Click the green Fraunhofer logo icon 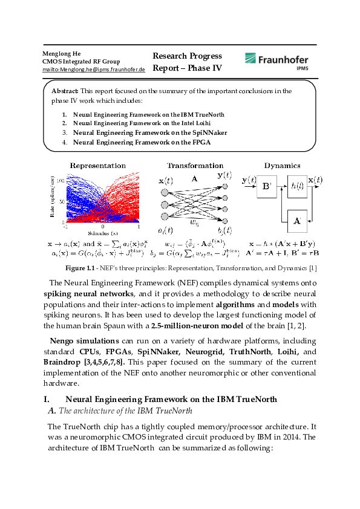[x=251, y=59]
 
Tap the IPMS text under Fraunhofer [x=301, y=69]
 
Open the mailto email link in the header [x=93, y=70]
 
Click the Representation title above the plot [x=97, y=166]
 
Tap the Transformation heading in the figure [x=195, y=166]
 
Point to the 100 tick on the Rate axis [x=61, y=173]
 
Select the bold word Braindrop [x=69, y=361]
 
